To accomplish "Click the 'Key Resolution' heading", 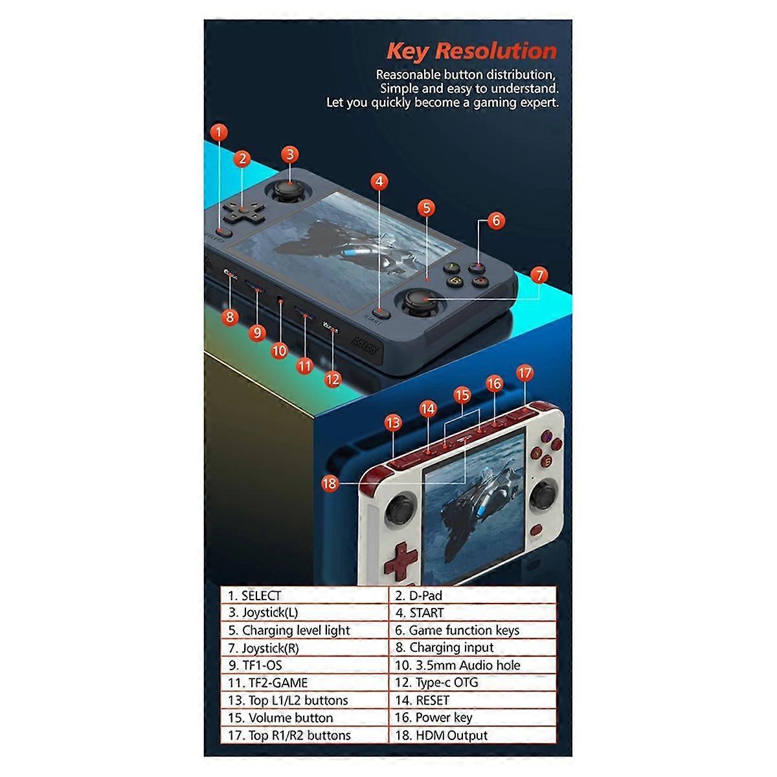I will [471, 51].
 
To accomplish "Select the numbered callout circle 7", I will [539, 275].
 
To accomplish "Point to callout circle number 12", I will [332, 379].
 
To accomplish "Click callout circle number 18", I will [330, 482].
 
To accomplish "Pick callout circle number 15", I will [462, 395].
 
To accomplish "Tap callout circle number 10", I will [279, 350].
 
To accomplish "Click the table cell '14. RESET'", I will [473, 700].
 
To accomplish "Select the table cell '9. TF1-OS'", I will [305, 665].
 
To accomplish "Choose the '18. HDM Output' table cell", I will [473, 735].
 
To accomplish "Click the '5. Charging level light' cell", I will [305, 630].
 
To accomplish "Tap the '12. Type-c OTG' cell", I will [473, 682].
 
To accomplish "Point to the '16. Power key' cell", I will [473, 717].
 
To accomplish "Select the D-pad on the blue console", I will [239, 210].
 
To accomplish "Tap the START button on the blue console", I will [382, 312].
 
